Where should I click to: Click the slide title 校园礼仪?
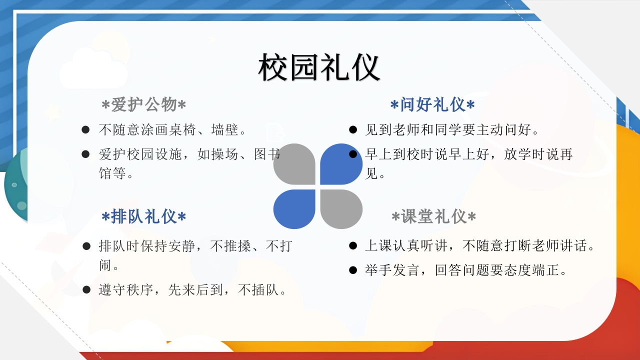coord(319,67)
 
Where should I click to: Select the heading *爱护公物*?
coord(143,104)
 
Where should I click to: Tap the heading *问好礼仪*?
coord(432,104)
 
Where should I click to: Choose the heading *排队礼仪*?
coord(143,216)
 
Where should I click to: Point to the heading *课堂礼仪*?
coord(433,216)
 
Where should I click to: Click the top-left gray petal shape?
coord(294,164)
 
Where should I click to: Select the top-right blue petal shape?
coord(341,164)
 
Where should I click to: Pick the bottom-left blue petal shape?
coord(294,209)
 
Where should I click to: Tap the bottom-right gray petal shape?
coord(341,209)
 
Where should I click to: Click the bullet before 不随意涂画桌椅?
coord(85,129)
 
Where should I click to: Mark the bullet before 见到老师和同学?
coord(353,129)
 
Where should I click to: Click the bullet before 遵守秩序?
coord(86,289)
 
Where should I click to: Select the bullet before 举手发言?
coord(353,270)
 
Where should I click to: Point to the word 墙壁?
coord(225,129)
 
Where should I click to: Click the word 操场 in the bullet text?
coord(225,154)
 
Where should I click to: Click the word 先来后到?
coord(195,289)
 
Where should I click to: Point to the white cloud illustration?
coord(93,70)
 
